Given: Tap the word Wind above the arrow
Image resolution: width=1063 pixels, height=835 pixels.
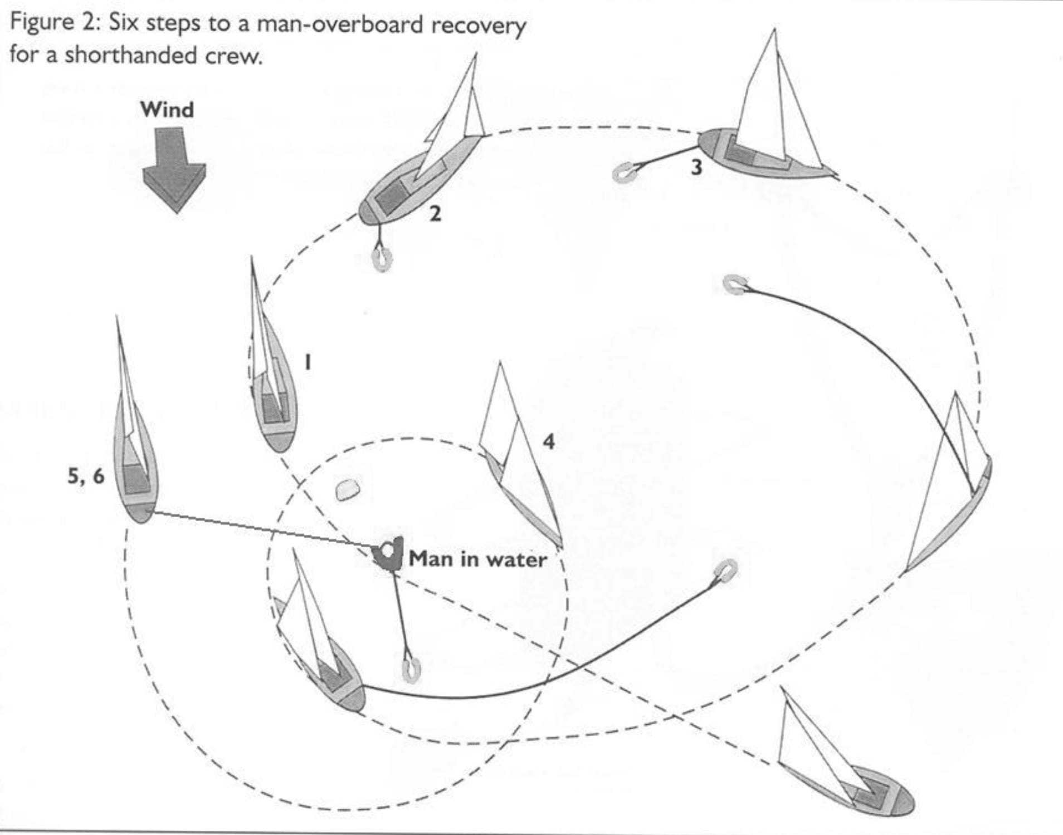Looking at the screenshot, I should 167,110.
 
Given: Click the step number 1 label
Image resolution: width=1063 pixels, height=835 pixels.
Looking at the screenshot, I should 307,362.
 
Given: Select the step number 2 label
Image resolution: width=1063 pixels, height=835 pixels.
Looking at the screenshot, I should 435,214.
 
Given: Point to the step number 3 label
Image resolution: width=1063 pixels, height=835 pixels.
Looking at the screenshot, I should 696,167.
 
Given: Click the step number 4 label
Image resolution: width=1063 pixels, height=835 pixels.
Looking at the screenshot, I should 549,441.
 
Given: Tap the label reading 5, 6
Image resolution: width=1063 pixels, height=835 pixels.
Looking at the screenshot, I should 85,476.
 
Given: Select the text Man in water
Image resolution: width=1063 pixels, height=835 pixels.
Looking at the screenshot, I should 477,559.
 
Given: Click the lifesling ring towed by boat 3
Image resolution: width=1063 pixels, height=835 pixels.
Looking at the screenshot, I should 622,172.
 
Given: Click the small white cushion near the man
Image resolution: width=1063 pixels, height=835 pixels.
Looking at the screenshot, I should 348,490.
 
